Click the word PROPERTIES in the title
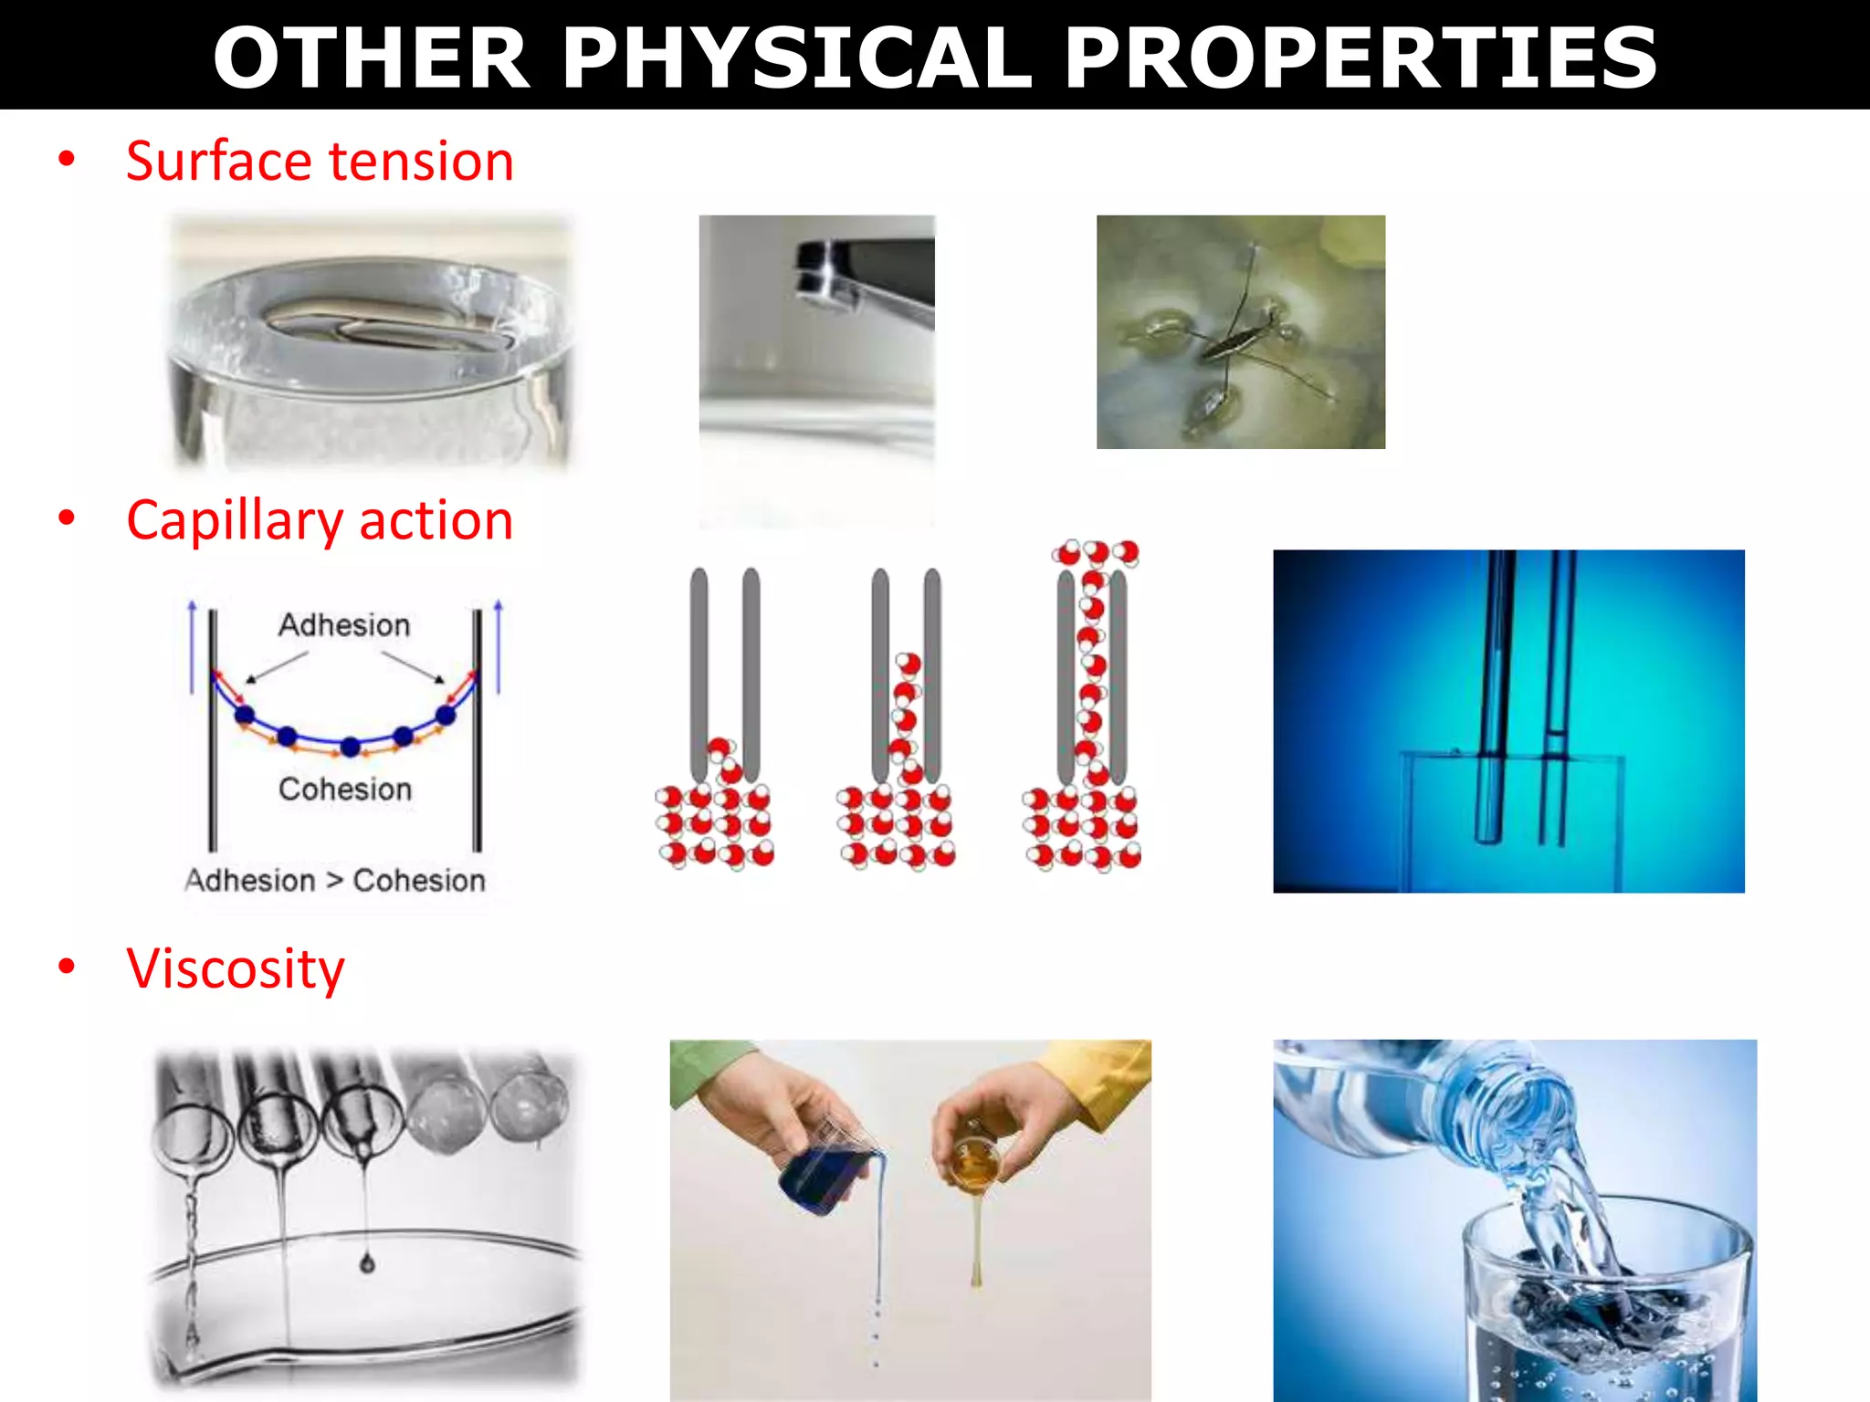[x=1360, y=58]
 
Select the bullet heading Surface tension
[x=320, y=162]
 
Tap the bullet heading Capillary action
[x=320, y=520]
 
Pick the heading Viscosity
[x=236, y=968]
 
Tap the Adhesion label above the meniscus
[x=344, y=625]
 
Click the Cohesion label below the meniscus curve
[x=345, y=790]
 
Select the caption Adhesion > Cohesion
[x=335, y=881]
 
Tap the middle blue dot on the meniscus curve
[x=350, y=747]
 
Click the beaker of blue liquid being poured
[x=826, y=1173]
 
